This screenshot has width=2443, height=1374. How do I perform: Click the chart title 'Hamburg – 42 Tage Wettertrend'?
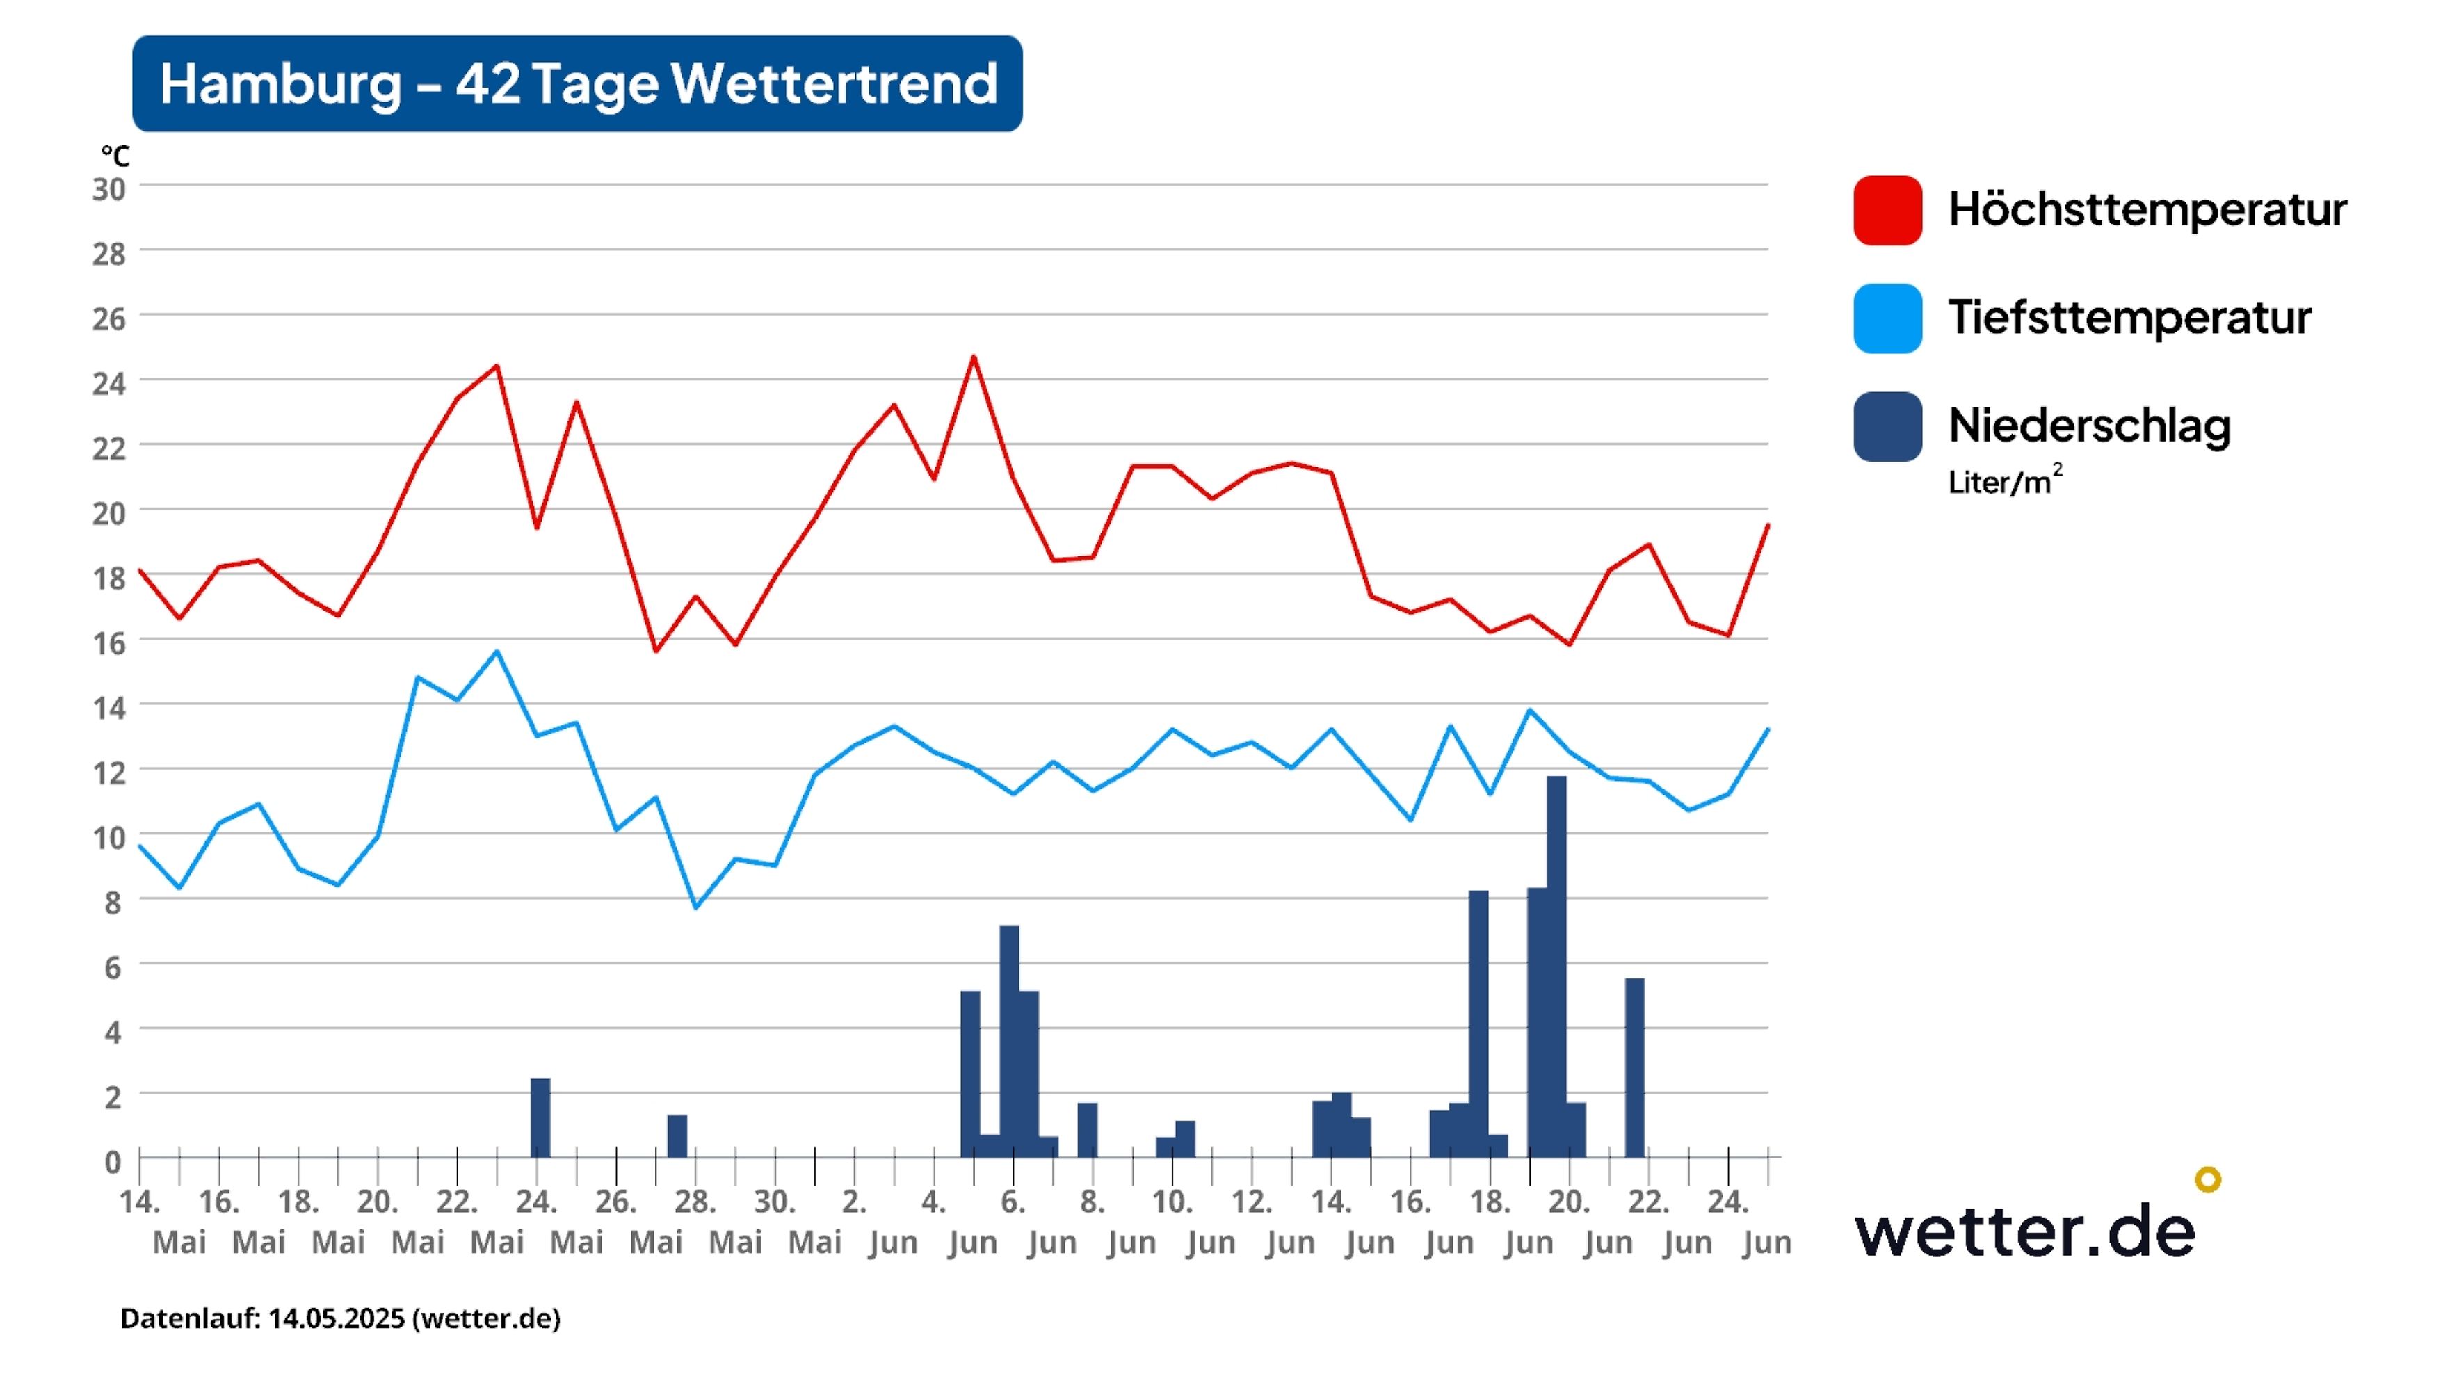pyautogui.click(x=578, y=83)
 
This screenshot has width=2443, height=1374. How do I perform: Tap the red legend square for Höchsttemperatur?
pyautogui.click(x=1887, y=209)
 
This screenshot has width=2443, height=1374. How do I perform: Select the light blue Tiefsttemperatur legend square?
pyautogui.click(x=1887, y=318)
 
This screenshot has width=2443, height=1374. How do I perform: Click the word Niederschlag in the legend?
pyautogui.click(x=2089, y=425)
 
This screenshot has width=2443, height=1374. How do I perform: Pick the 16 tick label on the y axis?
pyautogui.click(x=109, y=643)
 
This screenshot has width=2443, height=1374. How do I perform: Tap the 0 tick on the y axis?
pyautogui.click(x=113, y=1162)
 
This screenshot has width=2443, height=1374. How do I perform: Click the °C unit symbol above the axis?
pyautogui.click(x=115, y=156)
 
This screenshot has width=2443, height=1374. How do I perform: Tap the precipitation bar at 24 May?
pyautogui.click(x=540, y=1118)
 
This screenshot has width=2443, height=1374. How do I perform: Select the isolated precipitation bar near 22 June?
pyautogui.click(x=1634, y=1067)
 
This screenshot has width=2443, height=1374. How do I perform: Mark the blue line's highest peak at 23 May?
pyautogui.click(x=497, y=652)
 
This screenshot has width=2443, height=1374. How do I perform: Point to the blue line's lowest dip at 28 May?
pyautogui.click(x=695, y=907)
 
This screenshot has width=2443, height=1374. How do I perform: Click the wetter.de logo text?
pyautogui.click(x=2025, y=1231)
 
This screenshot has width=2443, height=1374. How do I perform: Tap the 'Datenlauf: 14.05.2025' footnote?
pyautogui.click(x=339, y=1318)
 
